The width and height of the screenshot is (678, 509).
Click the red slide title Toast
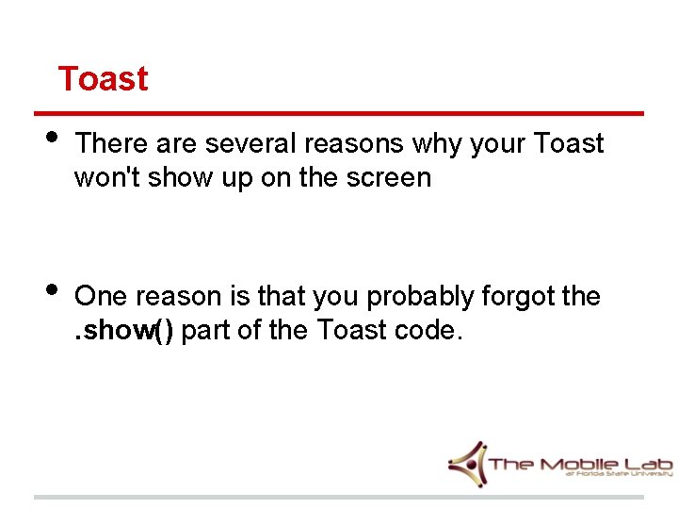(x=103, y=78)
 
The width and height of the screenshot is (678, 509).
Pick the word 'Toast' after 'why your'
(x=568, y=144)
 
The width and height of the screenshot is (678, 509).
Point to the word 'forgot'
(x=517, y=297)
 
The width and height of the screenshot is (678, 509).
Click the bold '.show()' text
(x=124, y=331)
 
